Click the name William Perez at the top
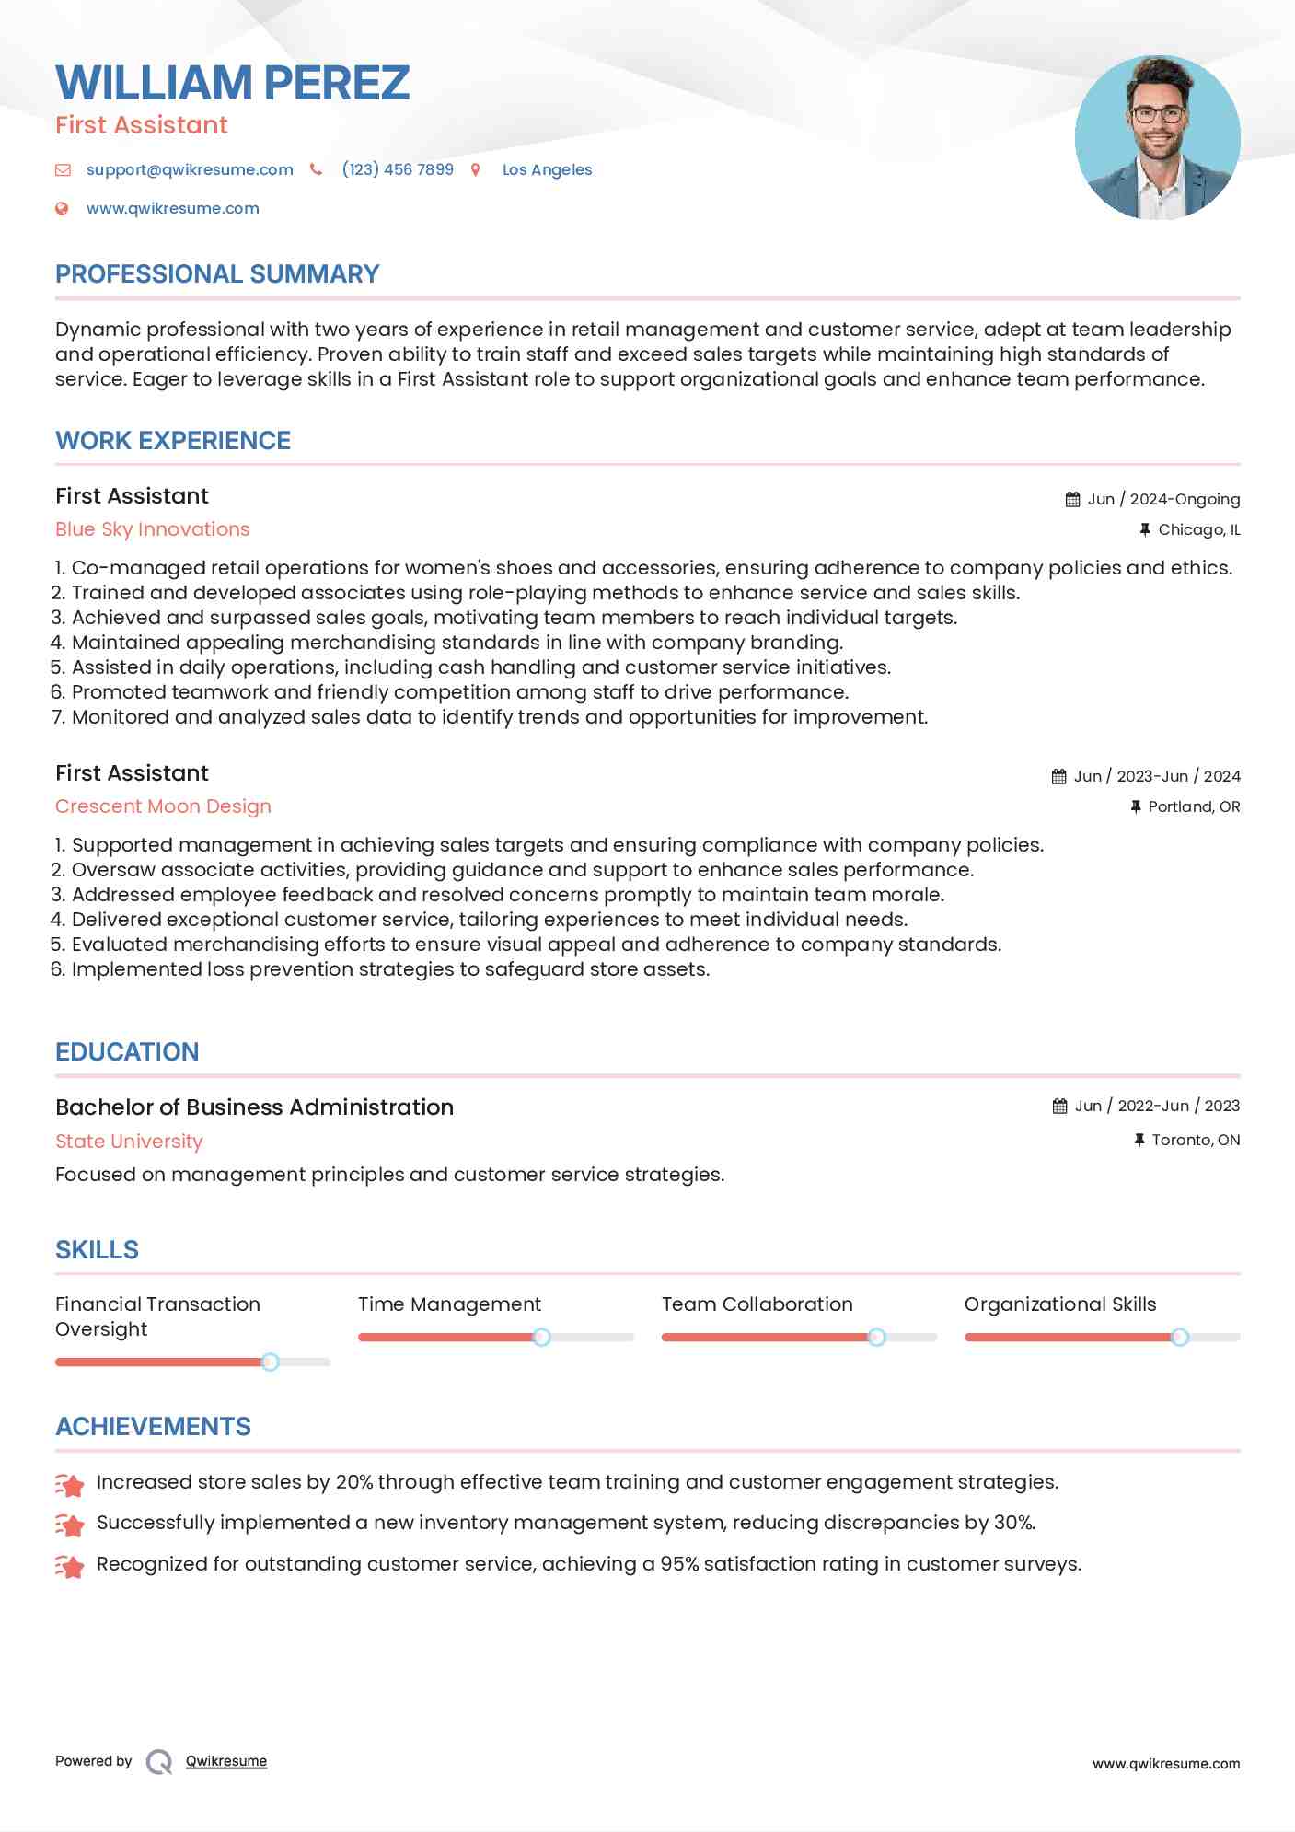pyautogui.click(x=232, y=83)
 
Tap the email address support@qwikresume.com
pyautogui.click(x=190, y=169)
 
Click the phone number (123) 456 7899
pyautogui.click(x=398, y=169)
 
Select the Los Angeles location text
pyautogui.click(x=547, y=169)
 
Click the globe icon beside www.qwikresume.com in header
pyautogui.click(x=62, y=208)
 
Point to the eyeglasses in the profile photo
pyautogui.click(x=1158, y=115)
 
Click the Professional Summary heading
pyautogui.click(x=217, y=274)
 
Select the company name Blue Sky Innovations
pyautogui.click(x=152, y=529)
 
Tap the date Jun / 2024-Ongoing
pyautogui.click(x=1163, y=499)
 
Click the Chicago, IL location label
pyautogui.click(x=1198, y=529)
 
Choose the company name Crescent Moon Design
pyautogui.click(x=163, y=806)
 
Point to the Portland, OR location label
pyautogui.click(x=1194, y=806)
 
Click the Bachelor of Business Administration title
pyautogui.click(x=254, y=1107)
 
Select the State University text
pyautogui.click(x=129, y=1142)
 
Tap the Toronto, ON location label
pyautogui.click(x=1196, y=1140)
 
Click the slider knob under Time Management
pyautogui.click(x=542, y=1337)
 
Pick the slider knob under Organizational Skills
pyautogui.click(x=1180, y=1337)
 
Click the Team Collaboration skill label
pyautogui.click(x=757, y=1304)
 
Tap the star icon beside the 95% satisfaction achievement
pyautogui.click(x=70, y=1566)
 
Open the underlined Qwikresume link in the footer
pyautogui.click(x=226, y=1761)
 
